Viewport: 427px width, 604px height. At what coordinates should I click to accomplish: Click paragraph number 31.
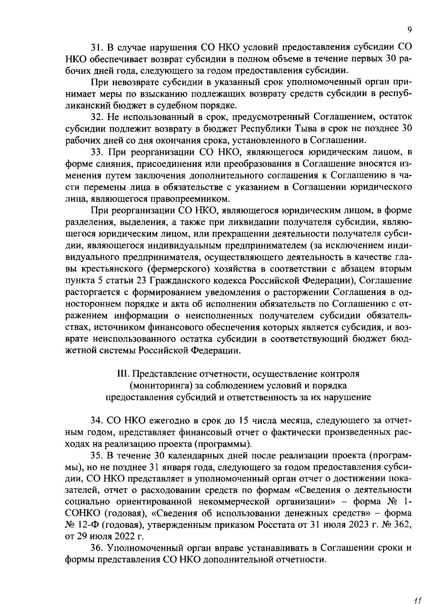pos(97,47)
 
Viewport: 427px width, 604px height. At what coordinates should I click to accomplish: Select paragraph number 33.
pos(97,152)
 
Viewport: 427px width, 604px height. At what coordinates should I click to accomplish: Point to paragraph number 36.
pos(97,548)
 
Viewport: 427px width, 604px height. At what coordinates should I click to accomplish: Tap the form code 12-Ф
pos(88,524)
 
